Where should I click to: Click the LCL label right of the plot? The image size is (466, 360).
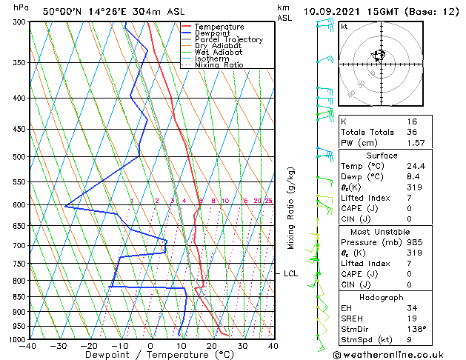[x=291, y=274]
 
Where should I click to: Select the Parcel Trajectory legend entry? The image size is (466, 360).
[x=228, y=39]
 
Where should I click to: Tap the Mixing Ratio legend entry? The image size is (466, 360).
[x=219, y=65]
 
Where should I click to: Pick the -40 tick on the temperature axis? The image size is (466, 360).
[x=28, y=346]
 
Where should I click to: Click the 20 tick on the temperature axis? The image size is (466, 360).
[x=211, y=346]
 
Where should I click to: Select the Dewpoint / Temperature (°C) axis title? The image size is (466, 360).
[x=150, y=355]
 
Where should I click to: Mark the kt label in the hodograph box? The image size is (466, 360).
[x=344, y=27]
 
